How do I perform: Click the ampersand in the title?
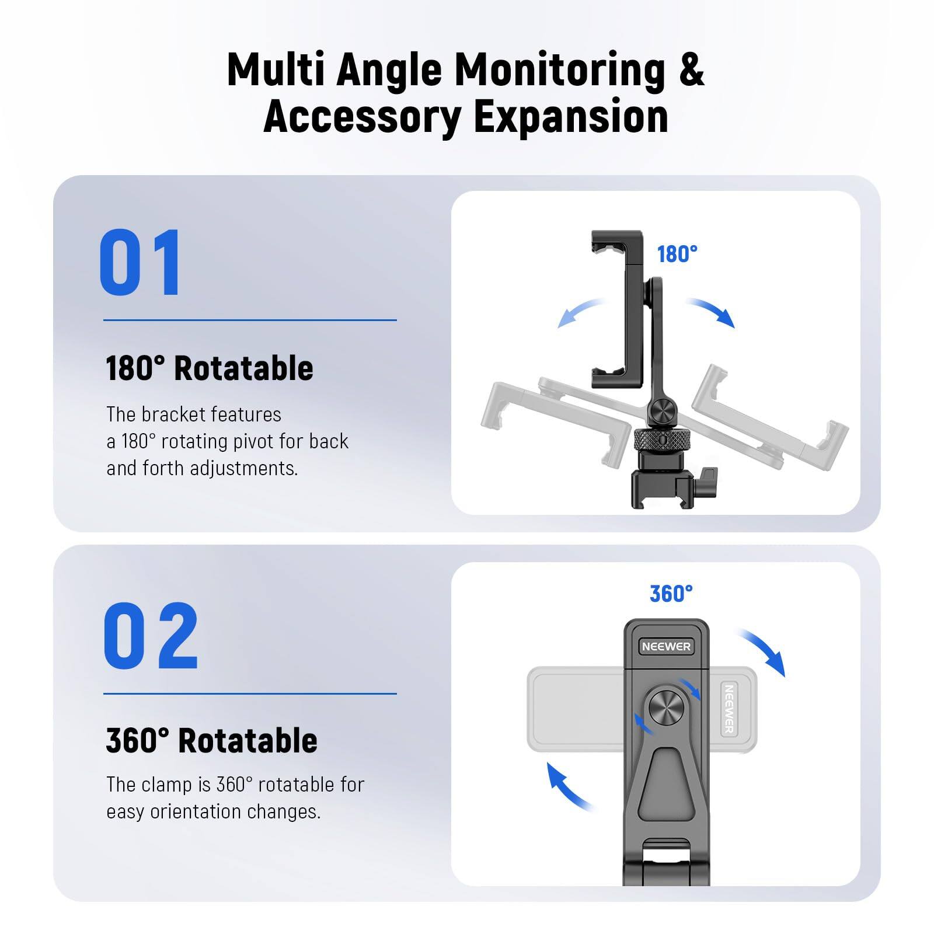[x=692, y=70]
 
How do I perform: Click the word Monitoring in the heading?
[x=559, y=70]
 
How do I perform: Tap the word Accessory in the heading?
[x=363, y=117]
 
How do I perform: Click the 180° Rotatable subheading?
[x=209, y=368]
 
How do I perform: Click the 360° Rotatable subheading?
[x=211, y=741]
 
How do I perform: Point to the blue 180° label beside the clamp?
[x=677, y=255]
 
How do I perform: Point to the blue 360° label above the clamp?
[x=671, y=594]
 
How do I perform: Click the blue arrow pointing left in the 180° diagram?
[x=581, y=312]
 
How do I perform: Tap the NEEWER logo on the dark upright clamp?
[x=666, y=646]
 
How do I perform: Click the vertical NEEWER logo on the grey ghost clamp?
[x=729, y=709]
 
